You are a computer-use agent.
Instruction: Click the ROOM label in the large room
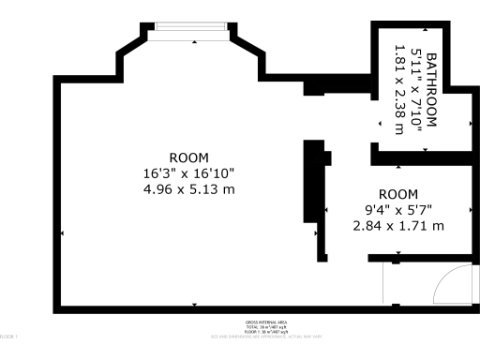click(188, 157)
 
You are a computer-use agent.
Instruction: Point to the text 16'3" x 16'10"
click(188, 173)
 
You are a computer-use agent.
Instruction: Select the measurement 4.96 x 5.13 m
click(188, 189)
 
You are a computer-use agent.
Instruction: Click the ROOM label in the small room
click(397, 194)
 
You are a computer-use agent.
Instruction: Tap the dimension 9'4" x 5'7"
click(397, 210)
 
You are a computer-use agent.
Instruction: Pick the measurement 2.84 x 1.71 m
click(397, 226)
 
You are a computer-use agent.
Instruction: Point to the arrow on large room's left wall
click(63, 232)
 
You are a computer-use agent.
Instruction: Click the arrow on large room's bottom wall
click(194, 303)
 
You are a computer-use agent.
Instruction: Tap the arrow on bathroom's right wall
click(467, 123)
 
